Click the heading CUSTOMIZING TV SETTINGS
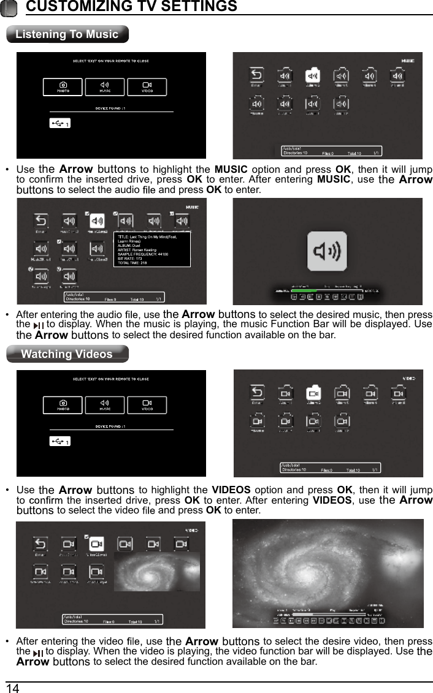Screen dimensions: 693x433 click(131, 7)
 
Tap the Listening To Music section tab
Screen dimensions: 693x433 click(67, 34)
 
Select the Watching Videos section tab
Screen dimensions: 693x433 click(67, 354)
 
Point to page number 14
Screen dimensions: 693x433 click(12, 688)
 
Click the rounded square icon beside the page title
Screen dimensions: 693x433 click(9, 7)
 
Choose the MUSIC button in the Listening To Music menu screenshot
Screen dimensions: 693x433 click(105, 87)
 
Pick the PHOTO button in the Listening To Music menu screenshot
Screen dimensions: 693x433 click(63, 87)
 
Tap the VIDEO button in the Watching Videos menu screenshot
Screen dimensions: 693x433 click(147, 406)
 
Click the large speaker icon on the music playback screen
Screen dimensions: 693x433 click(329, 251)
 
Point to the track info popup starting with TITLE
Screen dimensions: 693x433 click(152, 249)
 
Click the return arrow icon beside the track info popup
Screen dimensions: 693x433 click(40, 221)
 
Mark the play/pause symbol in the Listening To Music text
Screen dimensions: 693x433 click(39, 325)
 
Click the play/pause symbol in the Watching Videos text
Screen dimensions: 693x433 click(39, 653)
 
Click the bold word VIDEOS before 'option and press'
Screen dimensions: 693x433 click(231, 490)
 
